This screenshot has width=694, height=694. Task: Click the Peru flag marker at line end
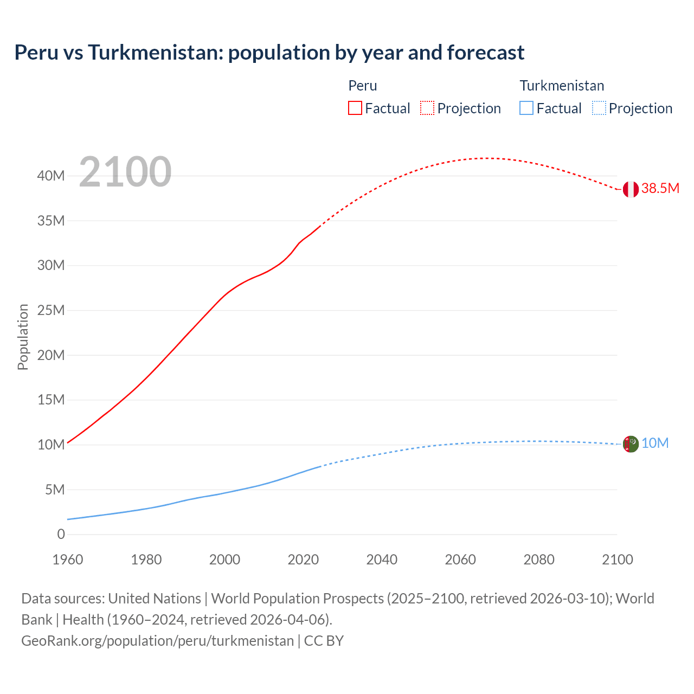click(630, 189)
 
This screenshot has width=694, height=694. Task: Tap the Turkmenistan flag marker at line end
click(630, 444)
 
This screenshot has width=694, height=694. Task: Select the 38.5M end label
click(660, 189)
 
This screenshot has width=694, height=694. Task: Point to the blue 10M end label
click(655, 444)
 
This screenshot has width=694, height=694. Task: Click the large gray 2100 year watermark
click(125, 172)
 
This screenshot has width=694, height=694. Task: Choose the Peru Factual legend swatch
click(355, 108)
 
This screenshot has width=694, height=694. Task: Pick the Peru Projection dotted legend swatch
click(427, 108)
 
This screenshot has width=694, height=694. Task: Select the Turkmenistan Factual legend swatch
click(526, 108)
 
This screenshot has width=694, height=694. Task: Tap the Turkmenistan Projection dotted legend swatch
click(599, 108)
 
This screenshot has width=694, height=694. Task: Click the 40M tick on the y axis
click(51, 176)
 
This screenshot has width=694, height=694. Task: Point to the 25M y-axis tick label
click(51, 311)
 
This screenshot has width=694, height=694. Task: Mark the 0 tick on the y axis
click(61, 535)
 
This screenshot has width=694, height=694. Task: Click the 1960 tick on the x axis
click(68, 560)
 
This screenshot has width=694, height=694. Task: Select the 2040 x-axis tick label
click(382, 560)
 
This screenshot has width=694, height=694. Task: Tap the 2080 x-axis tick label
click(539, 560)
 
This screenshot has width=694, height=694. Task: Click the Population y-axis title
click(23, 337)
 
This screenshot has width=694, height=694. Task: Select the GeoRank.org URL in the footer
click(157, 641)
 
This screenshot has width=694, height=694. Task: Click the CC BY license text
click(324, 641)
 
